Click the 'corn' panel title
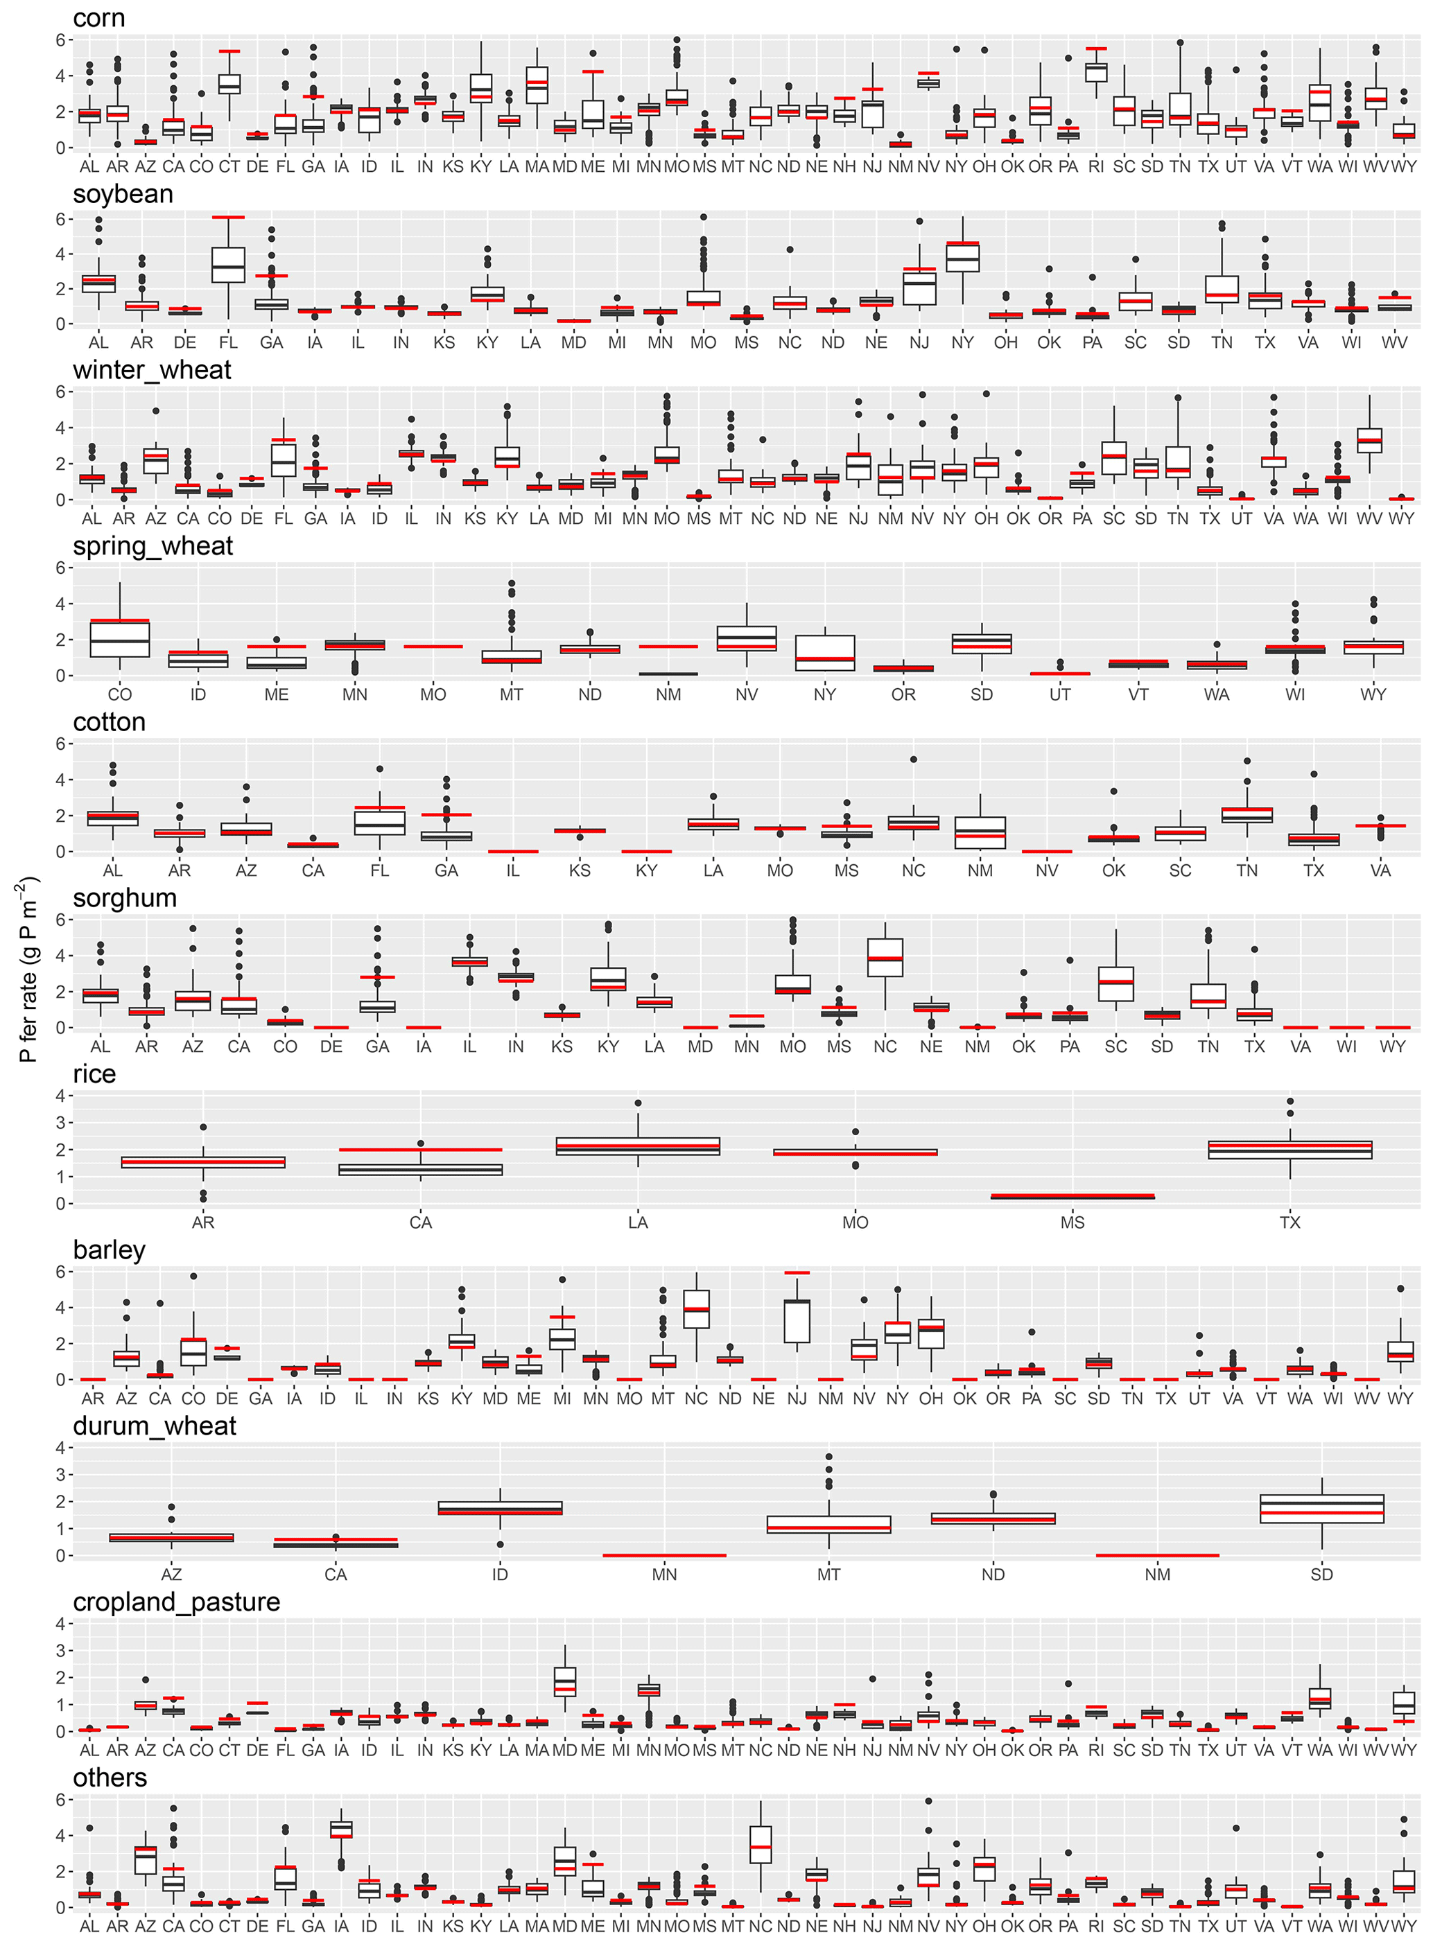(x=99, y=18)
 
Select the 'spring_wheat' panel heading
(x=153, y=546)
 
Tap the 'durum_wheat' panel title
(x=155, y=1426)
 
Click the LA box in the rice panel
(x=638, y=1146)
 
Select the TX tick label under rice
(x=1290, y=1222)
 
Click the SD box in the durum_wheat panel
(x=1321, y=1509)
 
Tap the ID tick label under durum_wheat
(x=500, y=1574)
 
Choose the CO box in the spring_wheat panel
(x=120, y=638)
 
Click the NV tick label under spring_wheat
(x=746, y=694)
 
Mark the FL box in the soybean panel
(x=228, y=265)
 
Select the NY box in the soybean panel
(x=962, y=258)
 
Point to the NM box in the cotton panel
(x=980, y=832)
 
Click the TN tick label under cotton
(x=1247, y=870)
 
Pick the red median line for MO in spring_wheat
(x=433, y=646)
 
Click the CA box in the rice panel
(x=421, y=1170)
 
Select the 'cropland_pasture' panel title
(x=176, y=1602)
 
